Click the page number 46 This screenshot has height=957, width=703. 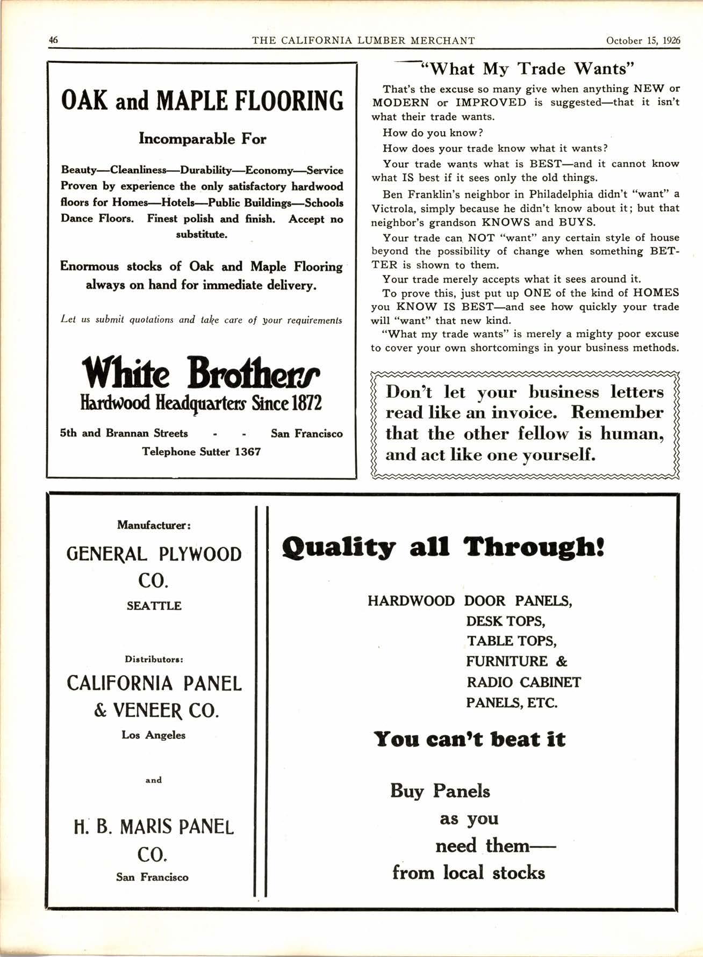(53, 40)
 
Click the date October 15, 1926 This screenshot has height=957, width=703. (643, 40)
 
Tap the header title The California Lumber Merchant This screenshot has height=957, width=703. (363, 40)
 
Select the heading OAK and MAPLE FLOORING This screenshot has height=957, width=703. (202, 100)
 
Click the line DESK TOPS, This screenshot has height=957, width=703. (506, 621)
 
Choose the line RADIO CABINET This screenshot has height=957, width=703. (523, 682)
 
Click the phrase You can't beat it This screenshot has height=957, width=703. (470, 739)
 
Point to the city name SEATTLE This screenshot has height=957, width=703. (154, 606)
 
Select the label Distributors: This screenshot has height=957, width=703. (154, 659)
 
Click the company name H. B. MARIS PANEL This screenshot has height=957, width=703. (154, 826)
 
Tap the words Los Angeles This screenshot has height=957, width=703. (154, 735)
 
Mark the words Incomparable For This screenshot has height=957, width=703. (202, 139)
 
